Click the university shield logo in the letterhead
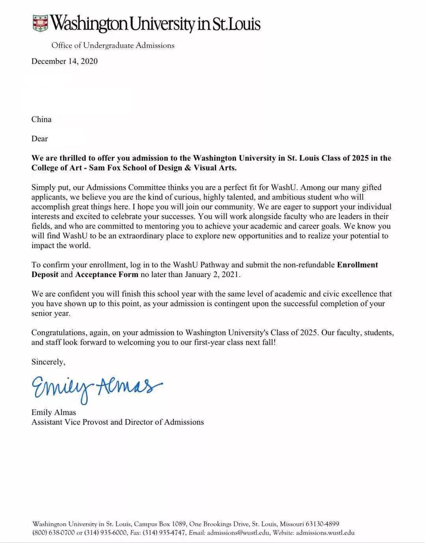(40, 23)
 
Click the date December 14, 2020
(65, 61)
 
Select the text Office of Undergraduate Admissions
(113, 45)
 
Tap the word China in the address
(41, 119)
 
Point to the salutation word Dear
(39, 139)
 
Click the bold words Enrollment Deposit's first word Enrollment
(357, 265)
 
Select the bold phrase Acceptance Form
(107, 274)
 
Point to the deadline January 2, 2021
(216, 274)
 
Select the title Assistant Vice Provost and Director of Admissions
(117, 422)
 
